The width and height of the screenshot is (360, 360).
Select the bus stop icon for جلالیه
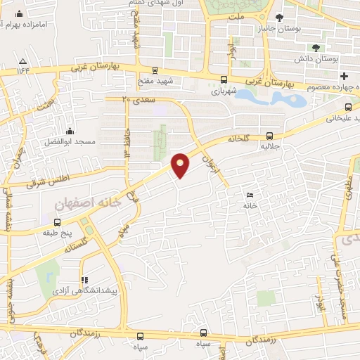pos(271,136)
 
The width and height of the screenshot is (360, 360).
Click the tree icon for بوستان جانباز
pos(279,18)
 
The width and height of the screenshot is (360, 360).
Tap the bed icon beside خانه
pos(249,195)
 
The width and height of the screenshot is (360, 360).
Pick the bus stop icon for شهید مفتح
pos(154,70)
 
